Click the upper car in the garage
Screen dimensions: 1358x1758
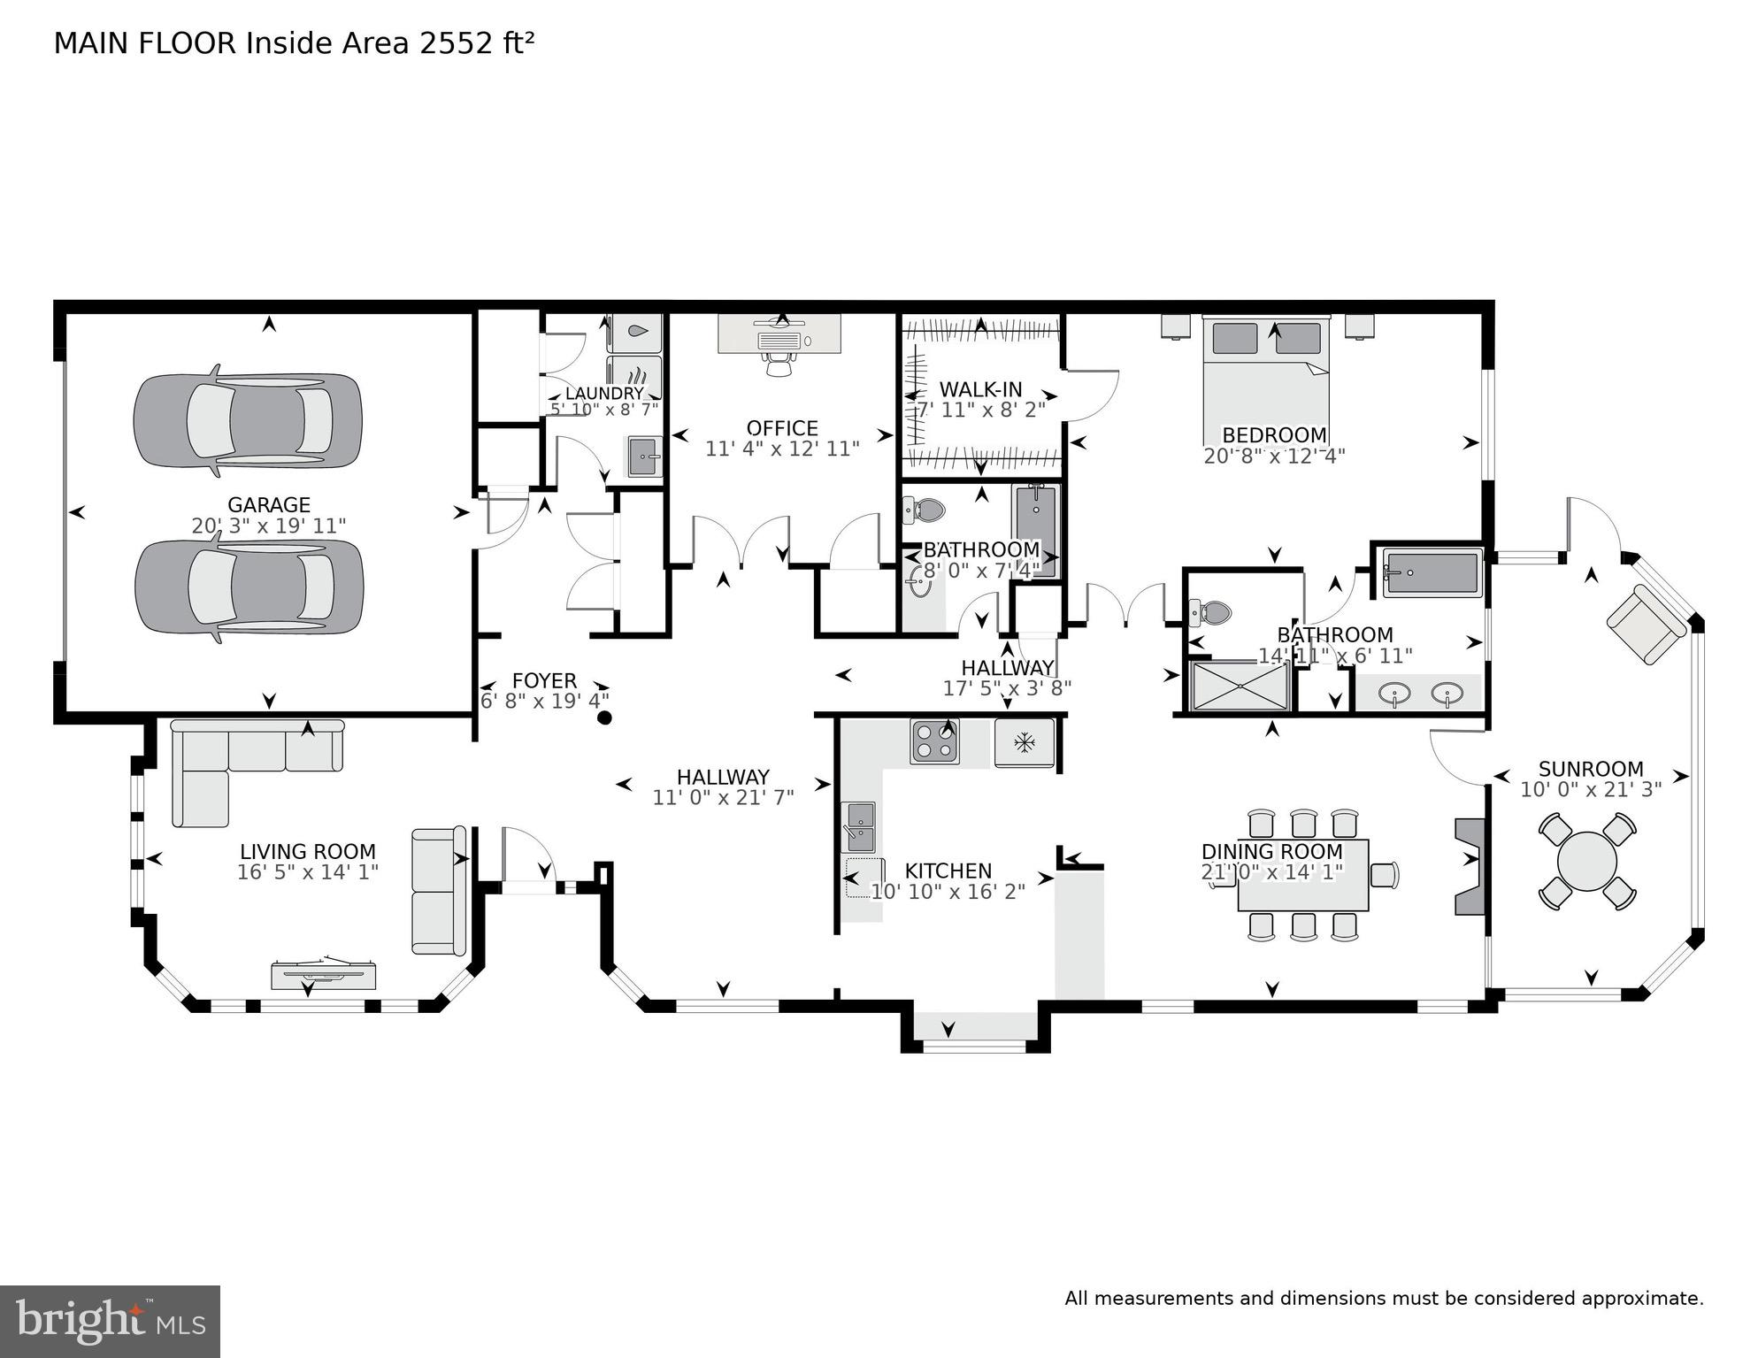click(248, 419)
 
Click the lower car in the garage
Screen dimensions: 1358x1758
click(249, 587)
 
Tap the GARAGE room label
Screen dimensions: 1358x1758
click(269, 505)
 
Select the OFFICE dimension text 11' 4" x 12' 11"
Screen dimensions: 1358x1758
click(782, 449)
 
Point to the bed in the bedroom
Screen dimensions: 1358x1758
click(1266, 380)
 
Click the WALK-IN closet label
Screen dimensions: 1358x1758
click(980, 389)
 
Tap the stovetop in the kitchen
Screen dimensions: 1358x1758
click(935, 741)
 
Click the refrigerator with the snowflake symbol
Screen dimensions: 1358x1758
click(1024, 742)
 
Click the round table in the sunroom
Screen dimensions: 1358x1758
click(1587, 862)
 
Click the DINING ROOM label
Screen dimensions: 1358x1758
click(1271, 852)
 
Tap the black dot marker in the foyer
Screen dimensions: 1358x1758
click(605, 717)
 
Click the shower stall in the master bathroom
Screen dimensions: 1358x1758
click(1239, 686)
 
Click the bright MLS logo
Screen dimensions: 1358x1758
click(110, 1322)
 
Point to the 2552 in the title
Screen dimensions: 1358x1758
click(457, 43)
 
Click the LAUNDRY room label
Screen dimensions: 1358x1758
click(604, 394)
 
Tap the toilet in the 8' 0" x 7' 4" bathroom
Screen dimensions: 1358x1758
click(925, 510)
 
